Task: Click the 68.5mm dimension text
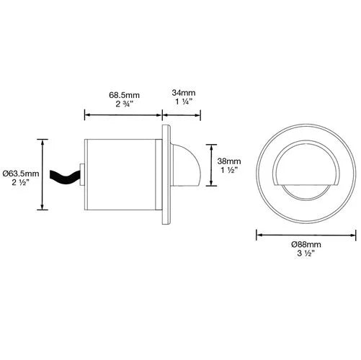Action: point(124,95)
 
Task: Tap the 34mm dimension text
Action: point(184,93)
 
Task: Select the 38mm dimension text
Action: point(229,161)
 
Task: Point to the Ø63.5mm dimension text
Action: point(21,174)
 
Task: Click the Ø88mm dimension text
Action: point(306,245)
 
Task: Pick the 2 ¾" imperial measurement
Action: point(125,104)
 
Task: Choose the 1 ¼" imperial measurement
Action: point(184,102)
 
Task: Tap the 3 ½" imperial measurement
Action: point(306,253)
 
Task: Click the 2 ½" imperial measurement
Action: point(21,183)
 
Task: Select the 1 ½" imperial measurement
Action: point(229,170)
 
